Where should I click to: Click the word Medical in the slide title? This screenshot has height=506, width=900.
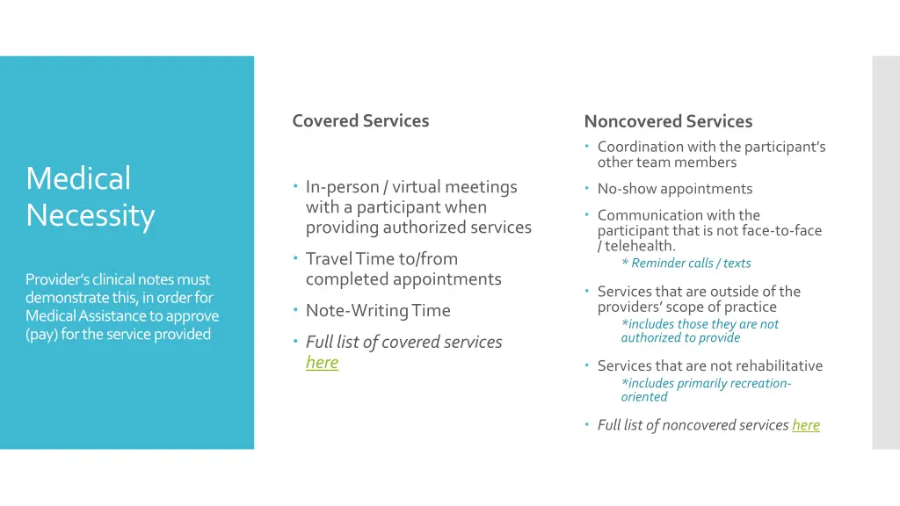point(78,178)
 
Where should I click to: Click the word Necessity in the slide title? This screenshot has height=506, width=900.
point(90,215)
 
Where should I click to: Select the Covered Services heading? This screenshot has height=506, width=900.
point(360,121)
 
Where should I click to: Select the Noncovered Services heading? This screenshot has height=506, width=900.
point(668,121)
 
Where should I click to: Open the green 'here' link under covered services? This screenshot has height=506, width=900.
point(322,362)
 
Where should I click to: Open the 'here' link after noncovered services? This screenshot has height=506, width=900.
point(805,425)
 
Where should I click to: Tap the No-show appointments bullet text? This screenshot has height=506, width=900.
point(674,189)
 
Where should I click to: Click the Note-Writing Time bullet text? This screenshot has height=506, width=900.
point(378,310)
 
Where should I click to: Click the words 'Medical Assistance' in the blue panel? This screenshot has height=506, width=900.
point(86,315)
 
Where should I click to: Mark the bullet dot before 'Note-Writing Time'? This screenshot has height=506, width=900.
point(296,311)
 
